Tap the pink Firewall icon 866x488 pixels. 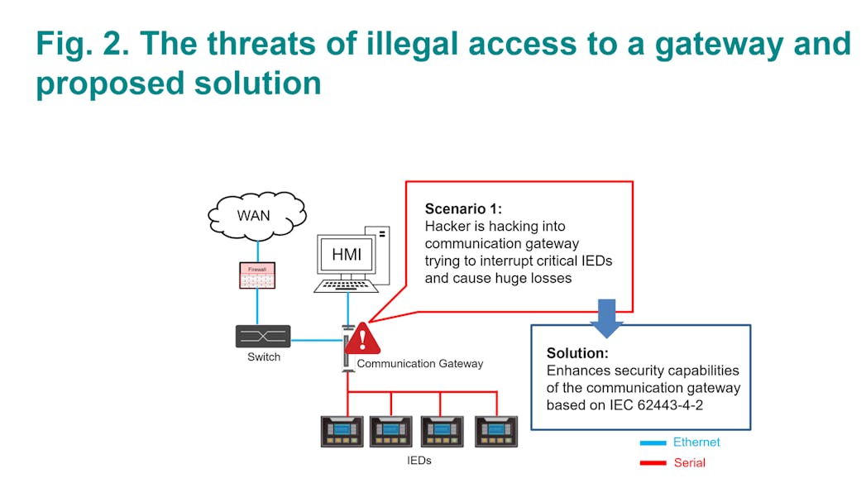coord(256,275)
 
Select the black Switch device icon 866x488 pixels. coord(262,337)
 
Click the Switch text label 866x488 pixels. coord(264,357)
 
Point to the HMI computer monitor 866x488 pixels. coord(347,255)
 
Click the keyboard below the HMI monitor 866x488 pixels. coord(347,286)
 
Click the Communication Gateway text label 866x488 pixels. coord(419,364)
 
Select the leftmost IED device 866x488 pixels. coord(342,431)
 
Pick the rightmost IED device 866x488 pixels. coord(496,431)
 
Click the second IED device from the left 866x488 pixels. coord(391,431)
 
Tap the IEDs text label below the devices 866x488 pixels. coord(419,461)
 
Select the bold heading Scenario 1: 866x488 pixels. coord(463,208)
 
